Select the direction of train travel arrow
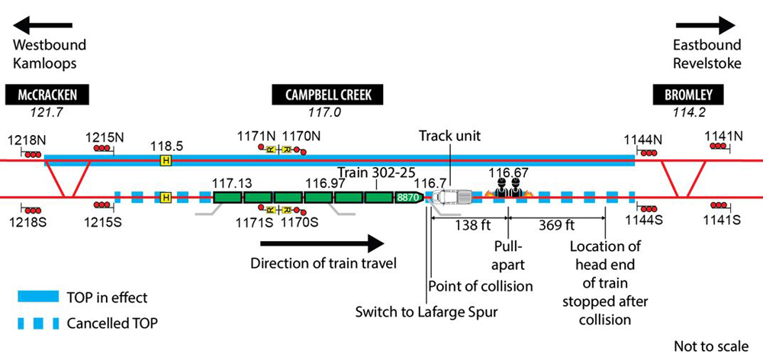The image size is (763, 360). point(321,244)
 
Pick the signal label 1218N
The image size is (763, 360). point(25,140)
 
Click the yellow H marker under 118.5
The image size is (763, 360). point(165,160)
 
